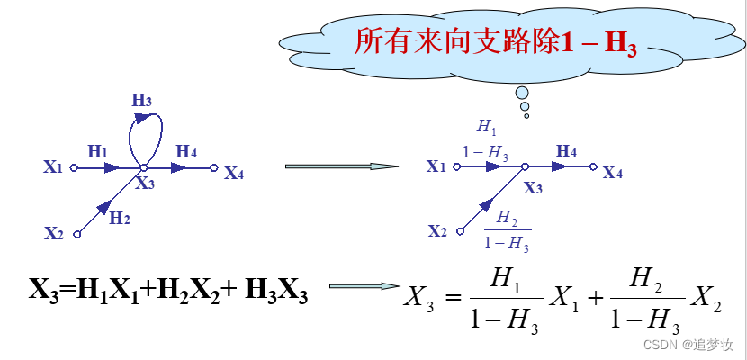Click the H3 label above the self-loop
click(x=142, y=100)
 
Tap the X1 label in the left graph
click(x=53, y=166)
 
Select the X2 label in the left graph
click(x=54, y=234)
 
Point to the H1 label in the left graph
click(x=97, y=152)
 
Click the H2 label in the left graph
click(x=120, y=217)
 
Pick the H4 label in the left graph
click(x=186, y=151)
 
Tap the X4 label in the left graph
click(x=234, y=173)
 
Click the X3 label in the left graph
click(x=145, y=184)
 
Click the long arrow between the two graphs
click(x=341, y=166)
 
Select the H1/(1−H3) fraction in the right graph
click(x=486, y=139)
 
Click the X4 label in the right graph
click(x=613, y=173)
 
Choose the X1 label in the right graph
click(x=436, y=166)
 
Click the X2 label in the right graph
click(x=437, y=231)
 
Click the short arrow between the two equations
click(x=364, y=287)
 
